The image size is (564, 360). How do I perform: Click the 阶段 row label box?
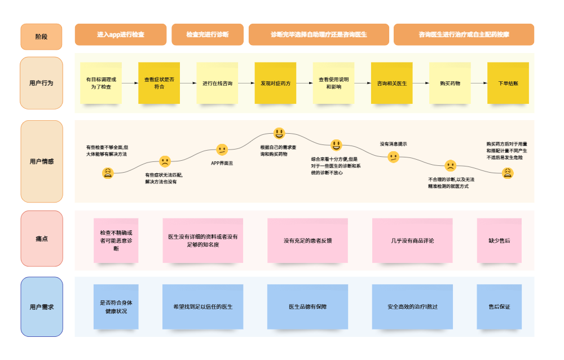coord(41,37)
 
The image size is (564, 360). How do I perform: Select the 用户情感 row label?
coord(41,161)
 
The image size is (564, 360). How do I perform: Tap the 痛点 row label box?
coord(41,239)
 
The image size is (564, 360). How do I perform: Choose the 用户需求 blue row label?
coord(41,307)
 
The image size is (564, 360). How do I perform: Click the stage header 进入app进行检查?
coord(121,34)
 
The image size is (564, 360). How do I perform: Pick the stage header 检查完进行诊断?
coord(208,34)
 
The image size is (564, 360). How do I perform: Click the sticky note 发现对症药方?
coord(275,83)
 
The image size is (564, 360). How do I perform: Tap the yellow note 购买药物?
coord(450,83)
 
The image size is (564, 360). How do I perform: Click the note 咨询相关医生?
coord(392,83)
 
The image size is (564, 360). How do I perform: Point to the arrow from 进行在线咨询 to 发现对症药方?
coord(246,83)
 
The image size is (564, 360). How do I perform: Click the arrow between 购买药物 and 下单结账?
coord(479,83)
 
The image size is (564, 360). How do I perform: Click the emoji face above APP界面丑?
coord(222,150)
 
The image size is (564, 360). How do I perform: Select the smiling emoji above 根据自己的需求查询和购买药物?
coord(279,133)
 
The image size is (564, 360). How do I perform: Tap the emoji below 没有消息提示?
coord(394,157)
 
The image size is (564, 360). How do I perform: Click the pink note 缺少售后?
coord(499,240)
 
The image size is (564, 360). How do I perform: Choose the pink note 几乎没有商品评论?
coord(412,240)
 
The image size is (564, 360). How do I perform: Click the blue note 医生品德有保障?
coord(307,307)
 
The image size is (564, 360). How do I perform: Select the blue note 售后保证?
coord(499,307)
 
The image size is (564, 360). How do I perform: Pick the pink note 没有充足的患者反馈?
coord(307,240)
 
